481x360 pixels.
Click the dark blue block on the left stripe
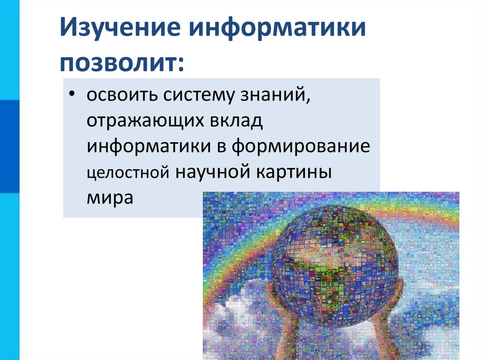point(9,146)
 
